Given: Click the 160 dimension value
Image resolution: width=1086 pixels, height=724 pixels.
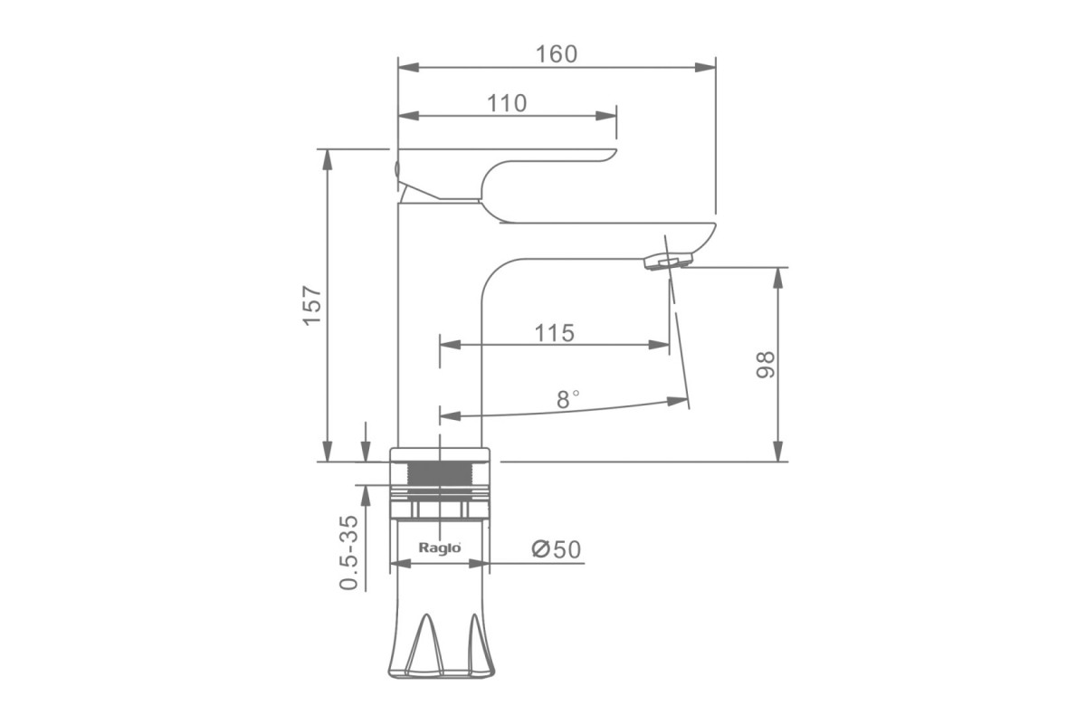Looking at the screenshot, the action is click(556, 54).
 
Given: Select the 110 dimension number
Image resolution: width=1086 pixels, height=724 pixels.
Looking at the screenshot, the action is click(506, 103).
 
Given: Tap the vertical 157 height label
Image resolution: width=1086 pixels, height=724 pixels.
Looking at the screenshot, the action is click(311, 306).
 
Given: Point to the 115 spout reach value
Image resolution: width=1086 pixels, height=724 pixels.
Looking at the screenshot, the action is click(554, 333).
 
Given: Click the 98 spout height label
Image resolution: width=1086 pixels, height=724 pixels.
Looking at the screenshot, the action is click(766, 365).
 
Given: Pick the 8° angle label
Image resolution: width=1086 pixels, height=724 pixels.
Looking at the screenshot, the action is click(567, 400).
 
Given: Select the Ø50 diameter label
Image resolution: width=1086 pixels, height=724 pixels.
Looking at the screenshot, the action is click(556, 549).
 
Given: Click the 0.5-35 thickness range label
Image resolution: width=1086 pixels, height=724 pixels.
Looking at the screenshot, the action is click(348, 552).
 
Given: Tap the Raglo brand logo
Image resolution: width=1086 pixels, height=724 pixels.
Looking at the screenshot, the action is click(440, 548).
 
